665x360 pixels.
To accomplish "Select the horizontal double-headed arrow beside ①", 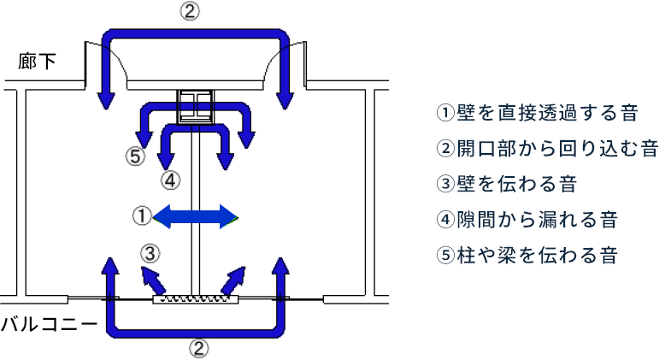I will point(197,216).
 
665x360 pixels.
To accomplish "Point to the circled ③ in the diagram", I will point(150,253).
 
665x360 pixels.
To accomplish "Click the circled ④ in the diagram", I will point(170,180).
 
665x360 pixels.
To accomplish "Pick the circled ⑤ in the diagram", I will point(133,156).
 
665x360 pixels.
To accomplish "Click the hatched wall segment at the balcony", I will point(196,299).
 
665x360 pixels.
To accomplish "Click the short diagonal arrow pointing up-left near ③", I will point(155,279).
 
